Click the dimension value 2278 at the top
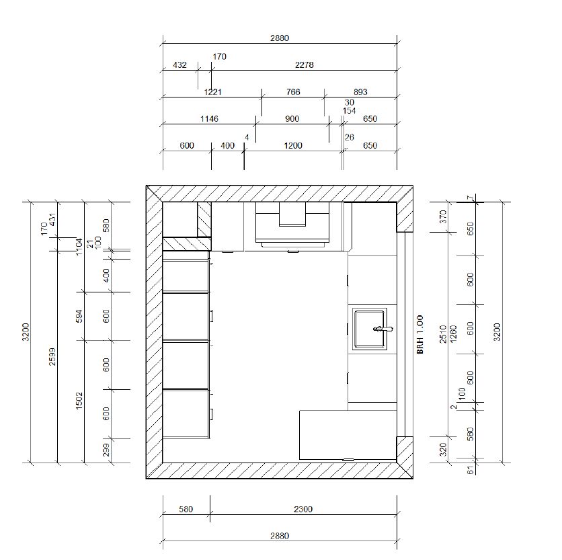click(x=304, y=65)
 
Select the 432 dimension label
click(x=180, y=65)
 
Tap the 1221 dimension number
click(x=212, y=92)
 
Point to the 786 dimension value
click(x=293, y=92)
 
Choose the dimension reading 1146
click(x=208, y=119)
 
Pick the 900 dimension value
click(x=292, y=119)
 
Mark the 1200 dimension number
click(x=293, y=146)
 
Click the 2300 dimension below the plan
click(x=303, y=510)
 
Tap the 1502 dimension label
click(x=79, y=401)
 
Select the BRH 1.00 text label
click(x=420, y=334)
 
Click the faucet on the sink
click(x=383, y=329)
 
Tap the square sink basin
click(x=369, y=329)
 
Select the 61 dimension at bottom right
click(x=471, y=470)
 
